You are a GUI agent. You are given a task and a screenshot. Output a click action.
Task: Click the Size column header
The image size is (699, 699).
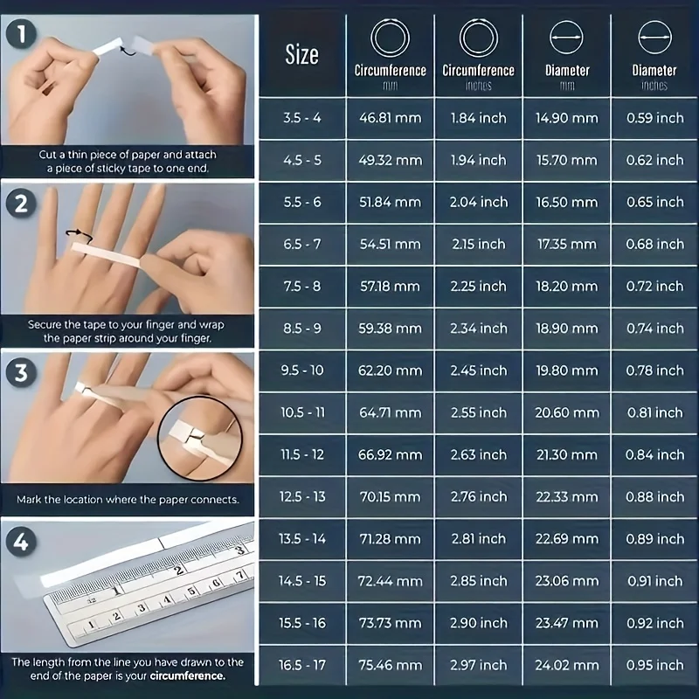pos(301,55)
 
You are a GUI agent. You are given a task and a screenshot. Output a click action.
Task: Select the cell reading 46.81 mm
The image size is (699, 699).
pos(390,118)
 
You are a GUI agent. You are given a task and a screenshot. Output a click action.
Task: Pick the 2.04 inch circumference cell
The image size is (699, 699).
pos(478,202)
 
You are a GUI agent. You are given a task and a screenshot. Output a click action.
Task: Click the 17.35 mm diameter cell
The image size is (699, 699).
pos(567,244)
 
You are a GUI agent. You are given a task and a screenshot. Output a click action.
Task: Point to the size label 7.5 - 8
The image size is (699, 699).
pos(301,286)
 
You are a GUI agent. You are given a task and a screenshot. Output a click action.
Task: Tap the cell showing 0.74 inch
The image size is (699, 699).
pos(654,329)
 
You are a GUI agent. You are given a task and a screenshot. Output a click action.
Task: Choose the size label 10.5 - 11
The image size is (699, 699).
pos(301,412)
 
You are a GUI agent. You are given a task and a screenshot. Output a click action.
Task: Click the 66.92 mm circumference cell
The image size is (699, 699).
pos(390,454)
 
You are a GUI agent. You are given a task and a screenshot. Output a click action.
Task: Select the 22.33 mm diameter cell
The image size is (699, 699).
pos(567,496)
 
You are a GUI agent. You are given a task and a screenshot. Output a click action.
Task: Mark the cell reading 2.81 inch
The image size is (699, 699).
pos(478,538)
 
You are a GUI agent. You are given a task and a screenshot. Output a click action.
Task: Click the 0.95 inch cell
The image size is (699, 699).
pos(654,665)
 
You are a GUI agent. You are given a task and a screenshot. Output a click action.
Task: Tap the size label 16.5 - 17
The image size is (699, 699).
pos(301,665)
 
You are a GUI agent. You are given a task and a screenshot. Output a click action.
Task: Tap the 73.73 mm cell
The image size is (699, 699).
pos(390,623)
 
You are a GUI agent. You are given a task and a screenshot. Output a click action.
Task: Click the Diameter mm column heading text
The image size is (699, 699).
pos(567,71)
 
